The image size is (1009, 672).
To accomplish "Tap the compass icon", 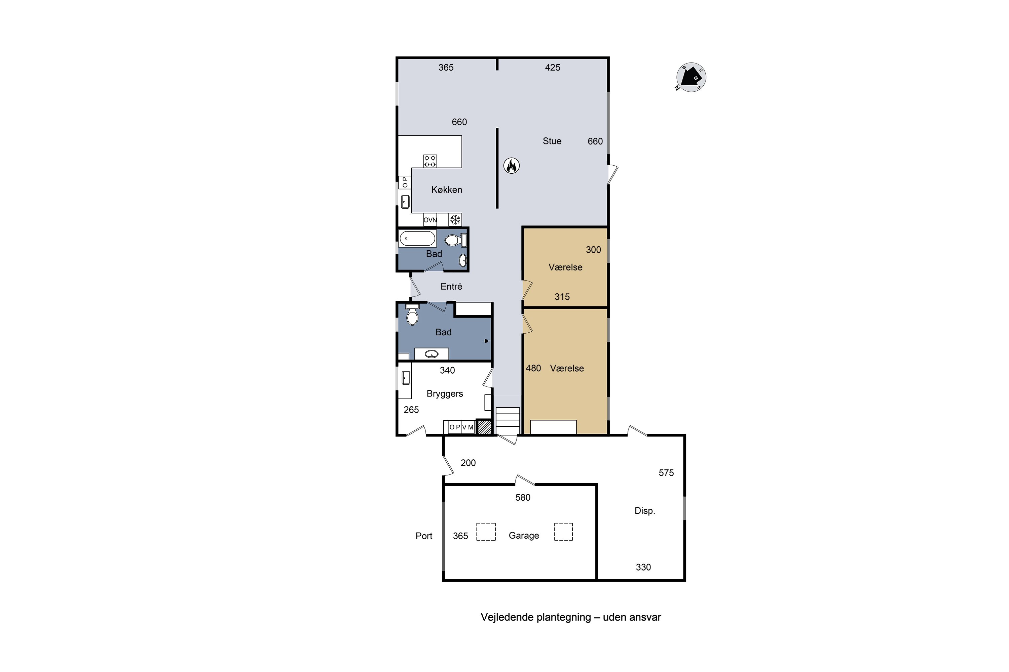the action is point(691,77).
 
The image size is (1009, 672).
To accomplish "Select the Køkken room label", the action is point(447,190).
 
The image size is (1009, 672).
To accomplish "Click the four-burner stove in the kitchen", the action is point(430,161).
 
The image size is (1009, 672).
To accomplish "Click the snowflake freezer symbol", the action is point(455,220).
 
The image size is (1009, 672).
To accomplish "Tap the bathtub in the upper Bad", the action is point(417,239).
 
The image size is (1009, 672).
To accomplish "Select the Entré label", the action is point(451,287).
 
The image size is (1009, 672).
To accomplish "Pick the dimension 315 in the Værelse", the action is point(562,297).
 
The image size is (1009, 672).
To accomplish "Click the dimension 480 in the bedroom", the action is point(533,369).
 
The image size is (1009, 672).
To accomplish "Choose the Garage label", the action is point(524,536).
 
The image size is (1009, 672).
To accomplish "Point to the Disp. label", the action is point(645,511).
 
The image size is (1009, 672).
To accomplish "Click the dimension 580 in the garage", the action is point(523,498).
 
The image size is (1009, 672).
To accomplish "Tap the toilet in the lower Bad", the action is point(412,315).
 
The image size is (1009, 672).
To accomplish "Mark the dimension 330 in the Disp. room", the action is point(643,568).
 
